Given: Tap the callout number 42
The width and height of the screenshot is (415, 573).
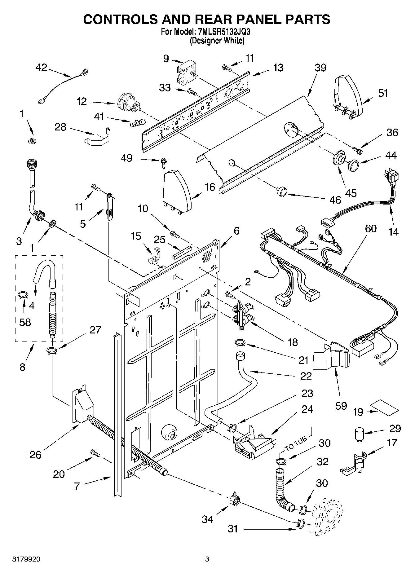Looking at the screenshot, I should point(41,67).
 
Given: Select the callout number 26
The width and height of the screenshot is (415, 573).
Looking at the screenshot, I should point(35,455).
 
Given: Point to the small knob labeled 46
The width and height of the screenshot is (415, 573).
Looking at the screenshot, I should point(281,192).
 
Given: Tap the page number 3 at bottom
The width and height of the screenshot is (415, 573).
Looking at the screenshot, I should point(207,559).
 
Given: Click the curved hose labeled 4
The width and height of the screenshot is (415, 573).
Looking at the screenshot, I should point(44,271).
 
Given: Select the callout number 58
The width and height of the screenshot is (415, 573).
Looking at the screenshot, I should point(25,322).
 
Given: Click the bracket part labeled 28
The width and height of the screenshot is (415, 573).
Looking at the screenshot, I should point(97,137).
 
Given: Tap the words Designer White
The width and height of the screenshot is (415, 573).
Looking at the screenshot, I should point(217,41).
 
